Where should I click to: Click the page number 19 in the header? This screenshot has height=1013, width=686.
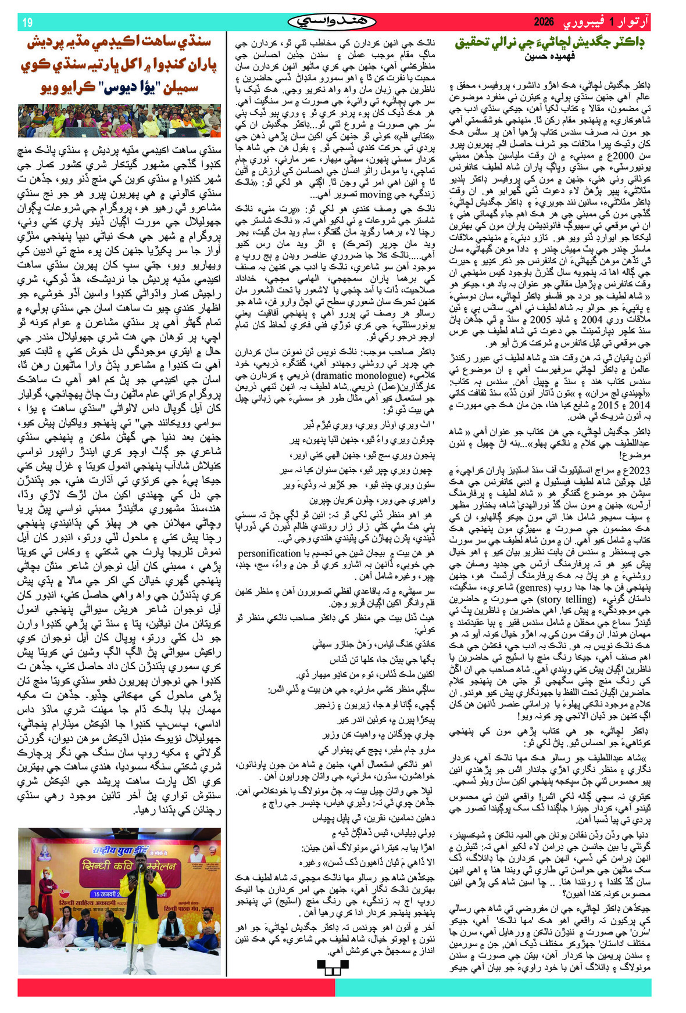27,23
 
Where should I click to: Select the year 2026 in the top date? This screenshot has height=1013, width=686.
544,23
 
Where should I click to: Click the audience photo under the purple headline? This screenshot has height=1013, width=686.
119,120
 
